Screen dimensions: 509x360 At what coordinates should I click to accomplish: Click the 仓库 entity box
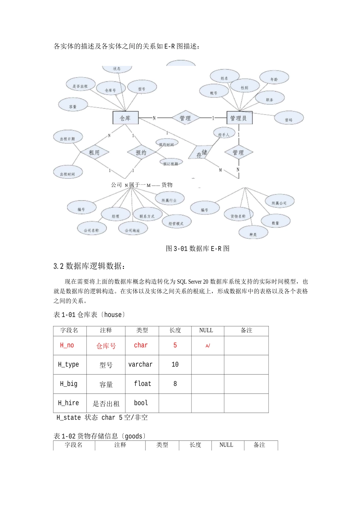(125, 118)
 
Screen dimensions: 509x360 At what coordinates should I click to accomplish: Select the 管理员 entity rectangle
(239, 118)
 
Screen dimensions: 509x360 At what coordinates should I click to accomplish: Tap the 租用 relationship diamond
(94, 153)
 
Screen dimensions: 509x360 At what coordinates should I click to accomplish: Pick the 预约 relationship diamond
(141, 153)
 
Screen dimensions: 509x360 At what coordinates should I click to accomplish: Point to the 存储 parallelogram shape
(201, 153)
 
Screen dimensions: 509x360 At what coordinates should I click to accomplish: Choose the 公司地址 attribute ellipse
(133, 230)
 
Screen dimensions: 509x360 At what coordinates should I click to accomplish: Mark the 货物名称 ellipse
(238, 215)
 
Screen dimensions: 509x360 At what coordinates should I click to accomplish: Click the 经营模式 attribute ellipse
(176, 223)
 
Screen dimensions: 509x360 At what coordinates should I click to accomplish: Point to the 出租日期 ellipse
(67, 138)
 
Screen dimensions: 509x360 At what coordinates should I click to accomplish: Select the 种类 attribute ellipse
(253, 234)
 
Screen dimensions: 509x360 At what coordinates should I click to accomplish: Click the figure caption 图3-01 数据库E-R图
(197, 249)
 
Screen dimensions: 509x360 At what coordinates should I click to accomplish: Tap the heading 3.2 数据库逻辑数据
(89, 266)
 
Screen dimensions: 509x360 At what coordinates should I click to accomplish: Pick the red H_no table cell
(67, 345)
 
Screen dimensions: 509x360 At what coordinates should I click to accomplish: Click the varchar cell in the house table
(141, 364)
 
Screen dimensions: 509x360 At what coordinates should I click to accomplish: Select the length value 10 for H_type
(175, 364)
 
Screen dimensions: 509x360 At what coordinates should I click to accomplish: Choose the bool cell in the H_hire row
(141, 403)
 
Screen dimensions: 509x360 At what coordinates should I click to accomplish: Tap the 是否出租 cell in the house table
(106, 404)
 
